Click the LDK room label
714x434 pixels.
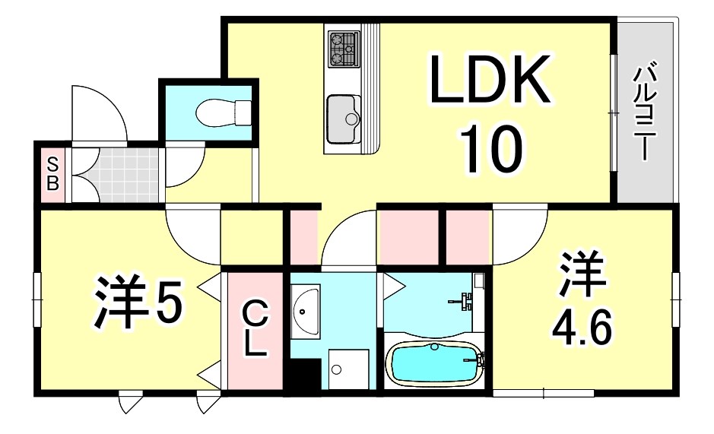click(490, 78)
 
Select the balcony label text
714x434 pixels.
click(646, 113)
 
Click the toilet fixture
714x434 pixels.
click(224, 112)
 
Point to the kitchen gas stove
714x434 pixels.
click(344, 49)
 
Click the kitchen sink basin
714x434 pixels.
click(344, 119)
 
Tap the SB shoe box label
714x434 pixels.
click(52, 173)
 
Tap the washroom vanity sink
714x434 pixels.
click(305, 312)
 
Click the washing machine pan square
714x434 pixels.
click(349, 369)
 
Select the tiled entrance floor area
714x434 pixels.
click(129, 175)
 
